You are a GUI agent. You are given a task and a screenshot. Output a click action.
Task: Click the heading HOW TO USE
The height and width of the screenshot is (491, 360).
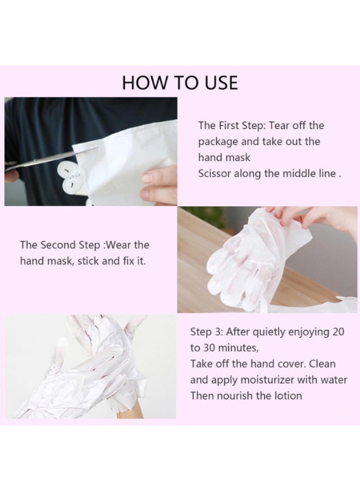tap(179, 83)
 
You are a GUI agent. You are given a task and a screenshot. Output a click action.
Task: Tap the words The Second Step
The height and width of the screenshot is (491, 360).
tap(60, 245)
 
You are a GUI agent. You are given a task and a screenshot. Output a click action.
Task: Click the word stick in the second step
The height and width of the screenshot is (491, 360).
tap(88, 261)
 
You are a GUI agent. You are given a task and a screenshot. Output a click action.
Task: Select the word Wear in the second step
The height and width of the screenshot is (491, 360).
tap(118, 245)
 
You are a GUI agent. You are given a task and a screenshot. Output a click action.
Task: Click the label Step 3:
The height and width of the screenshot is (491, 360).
tap(206, 332)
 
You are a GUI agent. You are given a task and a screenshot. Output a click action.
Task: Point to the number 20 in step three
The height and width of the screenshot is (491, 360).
tap(338, 332)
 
